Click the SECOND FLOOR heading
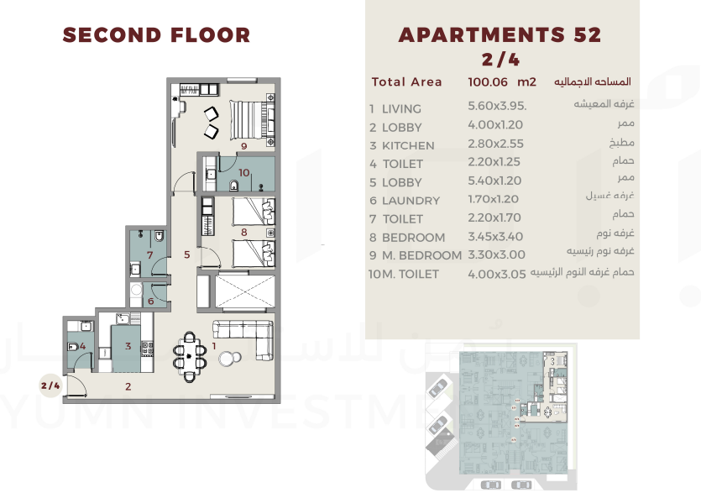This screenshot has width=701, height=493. (x=156, y=35)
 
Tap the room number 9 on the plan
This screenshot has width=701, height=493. (x=244, y=146)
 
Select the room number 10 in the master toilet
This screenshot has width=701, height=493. (x=244, y=172)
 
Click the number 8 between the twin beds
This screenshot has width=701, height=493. (x=244, y=232)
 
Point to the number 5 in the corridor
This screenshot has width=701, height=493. (x=187, y=254)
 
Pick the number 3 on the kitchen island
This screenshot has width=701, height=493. (x=128, y=346)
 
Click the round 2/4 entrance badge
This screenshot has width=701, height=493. (x=50, y=385)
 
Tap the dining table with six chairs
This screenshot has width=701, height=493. (x=190, y=357)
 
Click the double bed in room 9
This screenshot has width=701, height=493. (x=253, y=120)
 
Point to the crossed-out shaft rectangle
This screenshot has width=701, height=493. (x=244, y=291)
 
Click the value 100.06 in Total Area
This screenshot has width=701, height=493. (x=488, y=81)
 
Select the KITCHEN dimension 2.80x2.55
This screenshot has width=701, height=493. (x=495, y=144)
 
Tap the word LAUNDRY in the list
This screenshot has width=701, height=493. (x=411, y=201)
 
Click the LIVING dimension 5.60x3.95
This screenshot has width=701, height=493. (x=497, y=106)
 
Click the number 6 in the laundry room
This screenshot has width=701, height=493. (x=150, y=301)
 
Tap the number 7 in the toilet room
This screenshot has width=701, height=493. (x=149, y=255)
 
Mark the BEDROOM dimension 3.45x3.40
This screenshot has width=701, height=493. (x=495, y=237)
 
